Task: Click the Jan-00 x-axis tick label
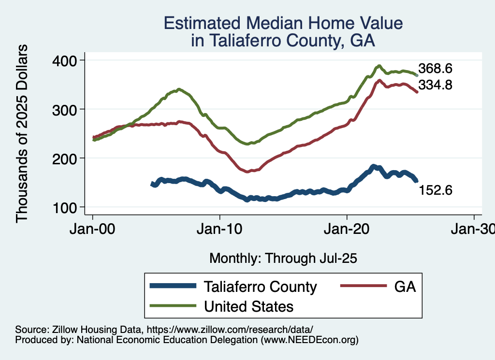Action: [93, 230]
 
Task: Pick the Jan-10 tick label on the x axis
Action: [220, 230]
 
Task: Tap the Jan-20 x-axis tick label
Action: [347, 230]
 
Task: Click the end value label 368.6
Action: [435, 68]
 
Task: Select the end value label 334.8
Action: [435, 86]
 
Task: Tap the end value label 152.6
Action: [435, 190]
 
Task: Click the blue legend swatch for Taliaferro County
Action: [173, 286]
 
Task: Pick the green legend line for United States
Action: [173, 306]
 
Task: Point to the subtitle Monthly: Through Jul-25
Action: [283, 259]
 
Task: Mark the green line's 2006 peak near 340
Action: [179, 89]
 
